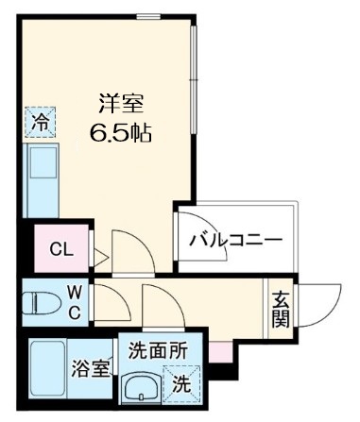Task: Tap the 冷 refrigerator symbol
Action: tap(40, 121)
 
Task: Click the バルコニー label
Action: tap(235, 240)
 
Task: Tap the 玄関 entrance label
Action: tap(281, 309)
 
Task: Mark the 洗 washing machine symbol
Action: tap(179, 385)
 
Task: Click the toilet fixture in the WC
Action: tap(43, 303)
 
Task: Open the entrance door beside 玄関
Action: tap(317, 302)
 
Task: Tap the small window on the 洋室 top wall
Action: tap(147, 16)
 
